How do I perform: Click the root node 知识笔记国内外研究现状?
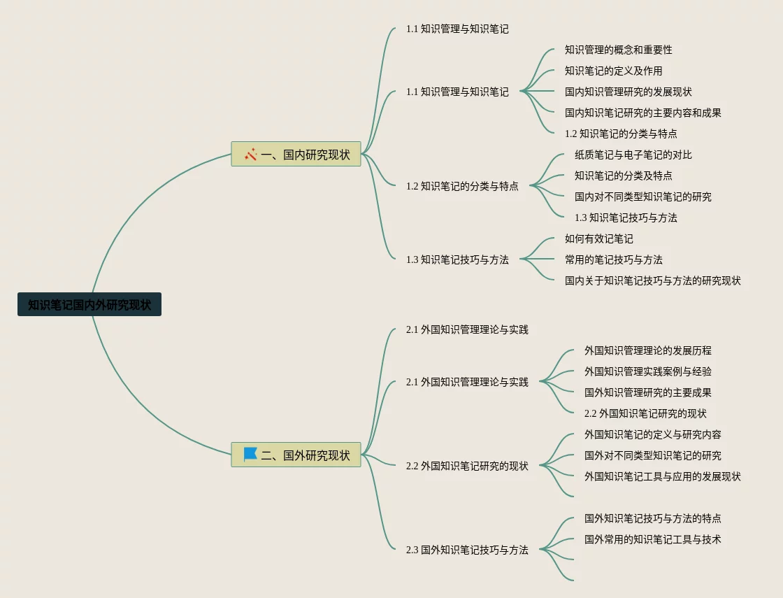[89, 305]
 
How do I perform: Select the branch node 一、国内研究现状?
[296, 155]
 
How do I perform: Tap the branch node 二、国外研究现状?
[296, 455]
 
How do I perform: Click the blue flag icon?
[250, 455]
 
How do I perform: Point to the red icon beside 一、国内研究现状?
[250, 154]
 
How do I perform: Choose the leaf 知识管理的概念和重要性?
[618, 50]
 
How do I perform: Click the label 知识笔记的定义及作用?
[613, 71]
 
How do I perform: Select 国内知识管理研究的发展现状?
[628, 92]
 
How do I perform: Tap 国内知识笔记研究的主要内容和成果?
[642, 113]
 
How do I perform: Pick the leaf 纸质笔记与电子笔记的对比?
[633, 155]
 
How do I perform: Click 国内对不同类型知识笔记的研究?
[642, 197]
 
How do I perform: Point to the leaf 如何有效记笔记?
[598, 239]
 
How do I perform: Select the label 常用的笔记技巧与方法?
[613, 259]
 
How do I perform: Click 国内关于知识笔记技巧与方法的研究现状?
[652, 280]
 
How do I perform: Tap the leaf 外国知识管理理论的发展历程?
[647, 350]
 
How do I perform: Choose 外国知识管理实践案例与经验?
[647, 371]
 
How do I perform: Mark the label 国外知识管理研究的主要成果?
[647, 392]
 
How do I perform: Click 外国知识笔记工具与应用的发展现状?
[662, 476]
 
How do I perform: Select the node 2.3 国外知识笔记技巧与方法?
[467, 550]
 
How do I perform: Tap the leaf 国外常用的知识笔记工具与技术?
[652, 539]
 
